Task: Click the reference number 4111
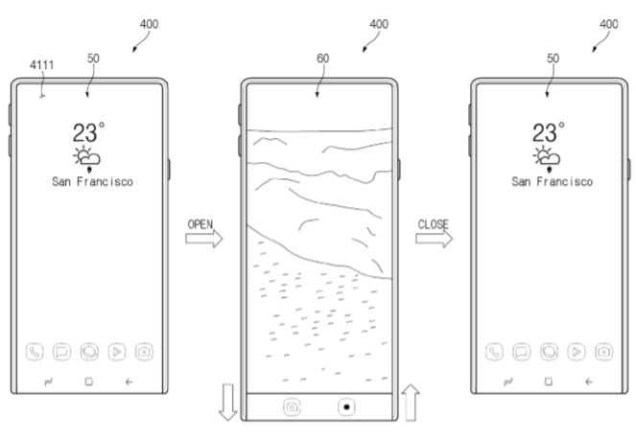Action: tap(42, 64)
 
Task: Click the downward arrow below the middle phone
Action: tap(228, 400)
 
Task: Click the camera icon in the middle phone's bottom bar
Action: tap(291, 406)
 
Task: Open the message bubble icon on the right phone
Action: tap(523, 352)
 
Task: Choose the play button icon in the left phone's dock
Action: tap(118, 352)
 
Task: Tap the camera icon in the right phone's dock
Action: tap(604, 352)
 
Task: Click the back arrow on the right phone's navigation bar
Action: tap(589, 381)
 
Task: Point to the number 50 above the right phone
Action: tap(552, 58)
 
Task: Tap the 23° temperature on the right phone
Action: tap(549, 132)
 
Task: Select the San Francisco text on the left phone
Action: tap(92, 180)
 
